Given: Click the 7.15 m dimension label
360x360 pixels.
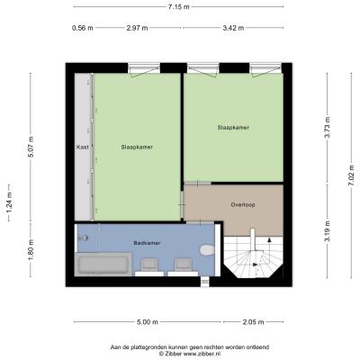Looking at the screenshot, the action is pos(179,7).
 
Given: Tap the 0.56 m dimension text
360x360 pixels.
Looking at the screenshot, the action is pos(83,28).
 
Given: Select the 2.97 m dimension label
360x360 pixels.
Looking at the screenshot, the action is pos(137,28).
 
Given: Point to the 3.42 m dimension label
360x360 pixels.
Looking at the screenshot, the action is pos(233,28).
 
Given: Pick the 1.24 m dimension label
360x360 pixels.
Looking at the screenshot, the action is pos(9,203).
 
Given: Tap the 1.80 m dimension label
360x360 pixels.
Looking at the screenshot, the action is pos(31,250).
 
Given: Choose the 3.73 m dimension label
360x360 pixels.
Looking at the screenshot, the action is pos(328,127).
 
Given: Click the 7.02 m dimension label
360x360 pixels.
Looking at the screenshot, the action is pos(351,175).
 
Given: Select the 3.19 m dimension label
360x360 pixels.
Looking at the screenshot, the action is pos(328,231).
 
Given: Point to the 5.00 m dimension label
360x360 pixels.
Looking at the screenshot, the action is pos(148,322).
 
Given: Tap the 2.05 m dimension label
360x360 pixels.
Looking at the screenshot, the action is pos(253,322).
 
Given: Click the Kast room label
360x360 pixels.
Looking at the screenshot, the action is pos(83,148).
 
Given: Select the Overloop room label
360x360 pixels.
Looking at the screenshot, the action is pos(243,205).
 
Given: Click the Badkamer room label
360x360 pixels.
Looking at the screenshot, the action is pos(147,243).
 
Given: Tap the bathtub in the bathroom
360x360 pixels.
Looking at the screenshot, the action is pos(103,265).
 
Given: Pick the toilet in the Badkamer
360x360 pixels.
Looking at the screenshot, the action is pos(207,249).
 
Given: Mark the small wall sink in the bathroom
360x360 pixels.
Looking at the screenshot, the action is pos(83,238).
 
